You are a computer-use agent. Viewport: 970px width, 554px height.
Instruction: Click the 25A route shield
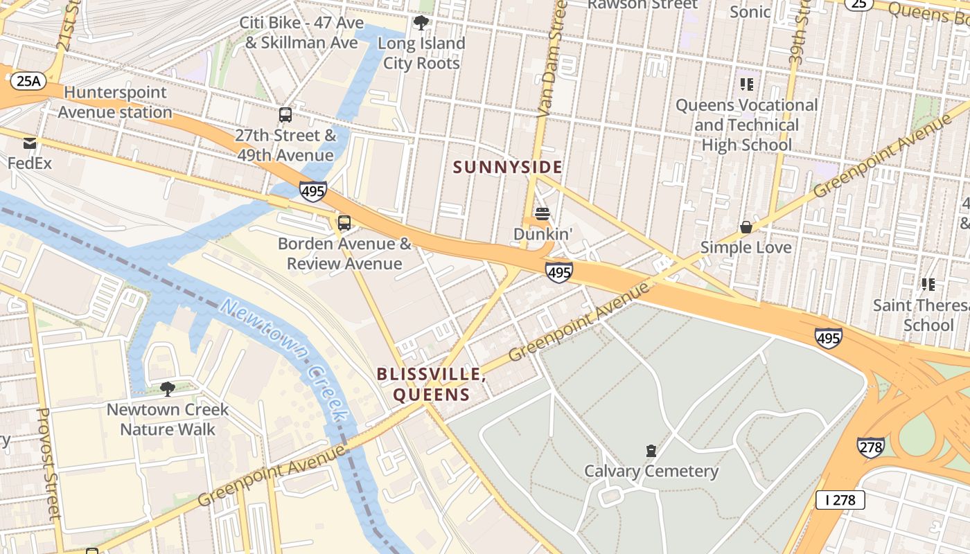coord(28,81)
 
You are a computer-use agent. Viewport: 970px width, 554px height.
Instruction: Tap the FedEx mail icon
coord(30,143)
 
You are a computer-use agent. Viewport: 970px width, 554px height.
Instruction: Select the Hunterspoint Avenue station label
coord(115,102)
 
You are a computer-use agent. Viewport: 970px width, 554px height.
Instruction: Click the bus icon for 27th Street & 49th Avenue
coord(285,115)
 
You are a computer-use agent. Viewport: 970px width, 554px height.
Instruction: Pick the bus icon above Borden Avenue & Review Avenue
coord(344,223)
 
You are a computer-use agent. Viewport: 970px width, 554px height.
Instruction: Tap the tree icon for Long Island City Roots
coord(421,23)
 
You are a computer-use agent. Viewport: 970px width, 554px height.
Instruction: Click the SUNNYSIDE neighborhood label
coord(507,167)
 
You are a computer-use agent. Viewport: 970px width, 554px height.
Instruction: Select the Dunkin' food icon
coord(543,214)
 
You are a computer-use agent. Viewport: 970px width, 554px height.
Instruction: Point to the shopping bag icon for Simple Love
coord(746,227)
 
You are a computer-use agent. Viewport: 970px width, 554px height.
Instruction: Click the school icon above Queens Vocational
coord(746,84)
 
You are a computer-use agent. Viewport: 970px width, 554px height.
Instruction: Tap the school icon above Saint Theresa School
coord(928,284)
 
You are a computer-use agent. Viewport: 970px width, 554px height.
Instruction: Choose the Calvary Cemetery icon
coord(651,452)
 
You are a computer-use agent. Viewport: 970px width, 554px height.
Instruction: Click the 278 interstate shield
coord(870,447)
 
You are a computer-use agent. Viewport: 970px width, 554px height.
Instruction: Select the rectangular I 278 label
coord(840,499)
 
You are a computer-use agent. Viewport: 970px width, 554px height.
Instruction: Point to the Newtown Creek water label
coord(284,360)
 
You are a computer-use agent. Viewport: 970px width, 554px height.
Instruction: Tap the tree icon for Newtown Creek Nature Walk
coord(167,389)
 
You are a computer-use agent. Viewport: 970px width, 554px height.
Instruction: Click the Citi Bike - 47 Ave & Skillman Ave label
coord(301,33)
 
